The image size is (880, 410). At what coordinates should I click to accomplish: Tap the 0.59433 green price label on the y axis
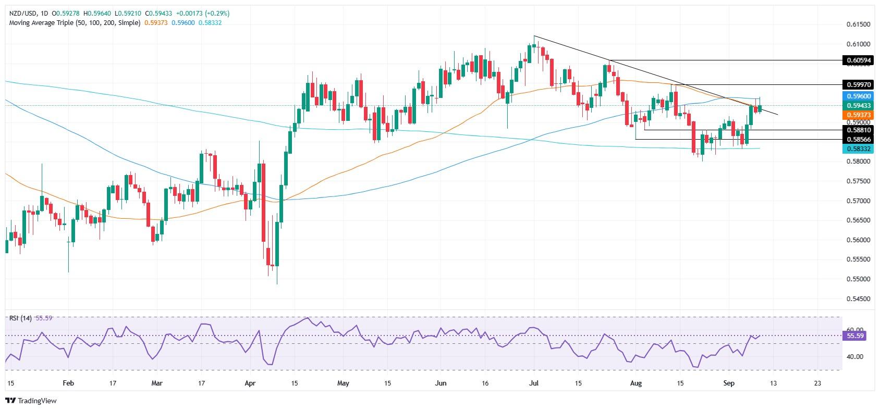tap(857, 105)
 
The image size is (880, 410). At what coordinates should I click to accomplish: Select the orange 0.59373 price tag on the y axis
tap(857, 115)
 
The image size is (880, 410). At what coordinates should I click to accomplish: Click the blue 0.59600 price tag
tap(857, 96)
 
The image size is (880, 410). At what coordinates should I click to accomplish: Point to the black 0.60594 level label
tap(857, 61)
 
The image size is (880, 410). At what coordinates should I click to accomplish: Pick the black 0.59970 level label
tap(857, 84)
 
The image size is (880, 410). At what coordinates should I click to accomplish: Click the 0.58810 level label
tap(857, 130)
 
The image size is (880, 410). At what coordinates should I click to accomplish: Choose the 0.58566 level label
tap(857, 140)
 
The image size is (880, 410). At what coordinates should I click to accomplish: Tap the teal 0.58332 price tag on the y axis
tap(857, 149)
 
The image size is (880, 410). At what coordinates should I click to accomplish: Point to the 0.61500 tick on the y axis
tap(857, 24)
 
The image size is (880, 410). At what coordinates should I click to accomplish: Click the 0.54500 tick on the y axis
tap(857, 299)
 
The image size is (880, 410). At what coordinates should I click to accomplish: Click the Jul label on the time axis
tap(534, 383)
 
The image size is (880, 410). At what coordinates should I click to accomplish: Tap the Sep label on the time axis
tap(729, 383)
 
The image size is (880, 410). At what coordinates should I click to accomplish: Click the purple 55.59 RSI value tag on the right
tap(857, 337)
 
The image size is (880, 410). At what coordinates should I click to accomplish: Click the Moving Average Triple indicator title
tap(74, 23)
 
